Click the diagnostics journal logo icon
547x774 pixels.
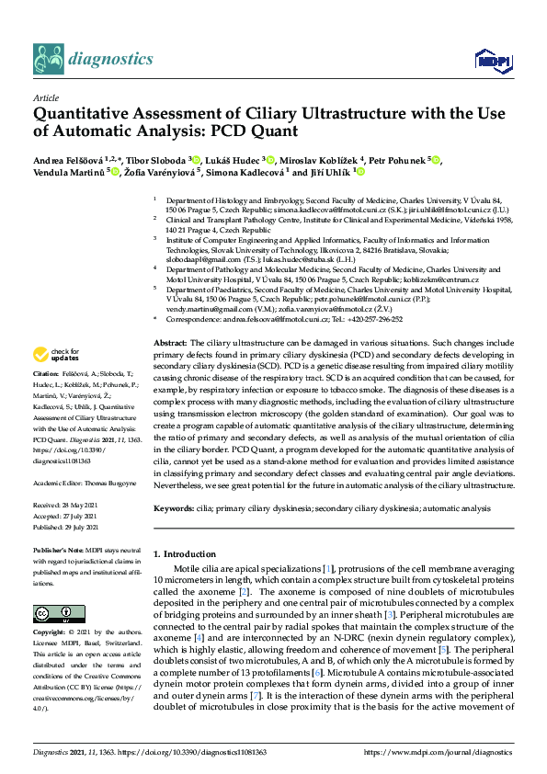48,59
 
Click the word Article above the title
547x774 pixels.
44,97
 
